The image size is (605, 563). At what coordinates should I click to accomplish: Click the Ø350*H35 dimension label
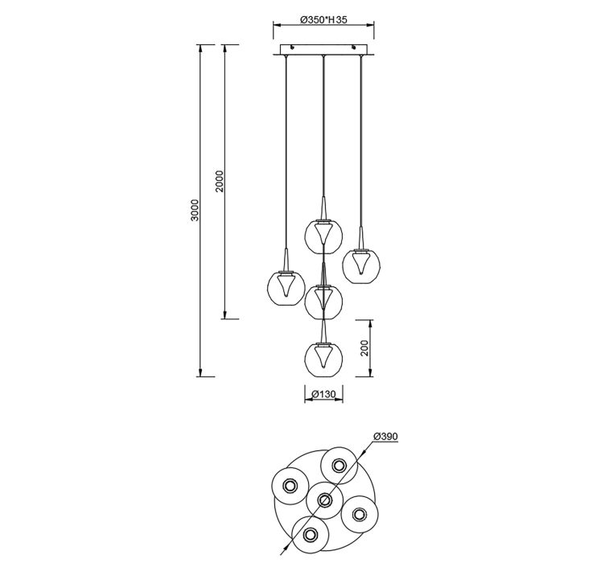pyautogui.click(x=323, y=19)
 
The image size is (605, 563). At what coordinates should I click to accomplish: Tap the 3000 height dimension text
pyautogui.click(x=196, y=210)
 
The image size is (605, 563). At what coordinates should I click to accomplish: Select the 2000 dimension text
pyautogui.click(x=220, y=181)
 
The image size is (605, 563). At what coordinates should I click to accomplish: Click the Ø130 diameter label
pyautogui.click(x=323, y=394)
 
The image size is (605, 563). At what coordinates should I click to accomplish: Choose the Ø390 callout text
pyautogui.click(x=385, y=436)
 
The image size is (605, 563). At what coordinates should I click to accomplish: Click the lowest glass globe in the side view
pyautogui.click(x=323, y=357)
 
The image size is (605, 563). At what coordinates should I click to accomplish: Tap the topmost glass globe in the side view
pyautogui.click(x=323, y=235)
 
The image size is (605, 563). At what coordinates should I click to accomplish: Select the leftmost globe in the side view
pyautogui.click(x=286, y=287)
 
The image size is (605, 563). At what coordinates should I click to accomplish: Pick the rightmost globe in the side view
pyautogui.click(x=361, y=265)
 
